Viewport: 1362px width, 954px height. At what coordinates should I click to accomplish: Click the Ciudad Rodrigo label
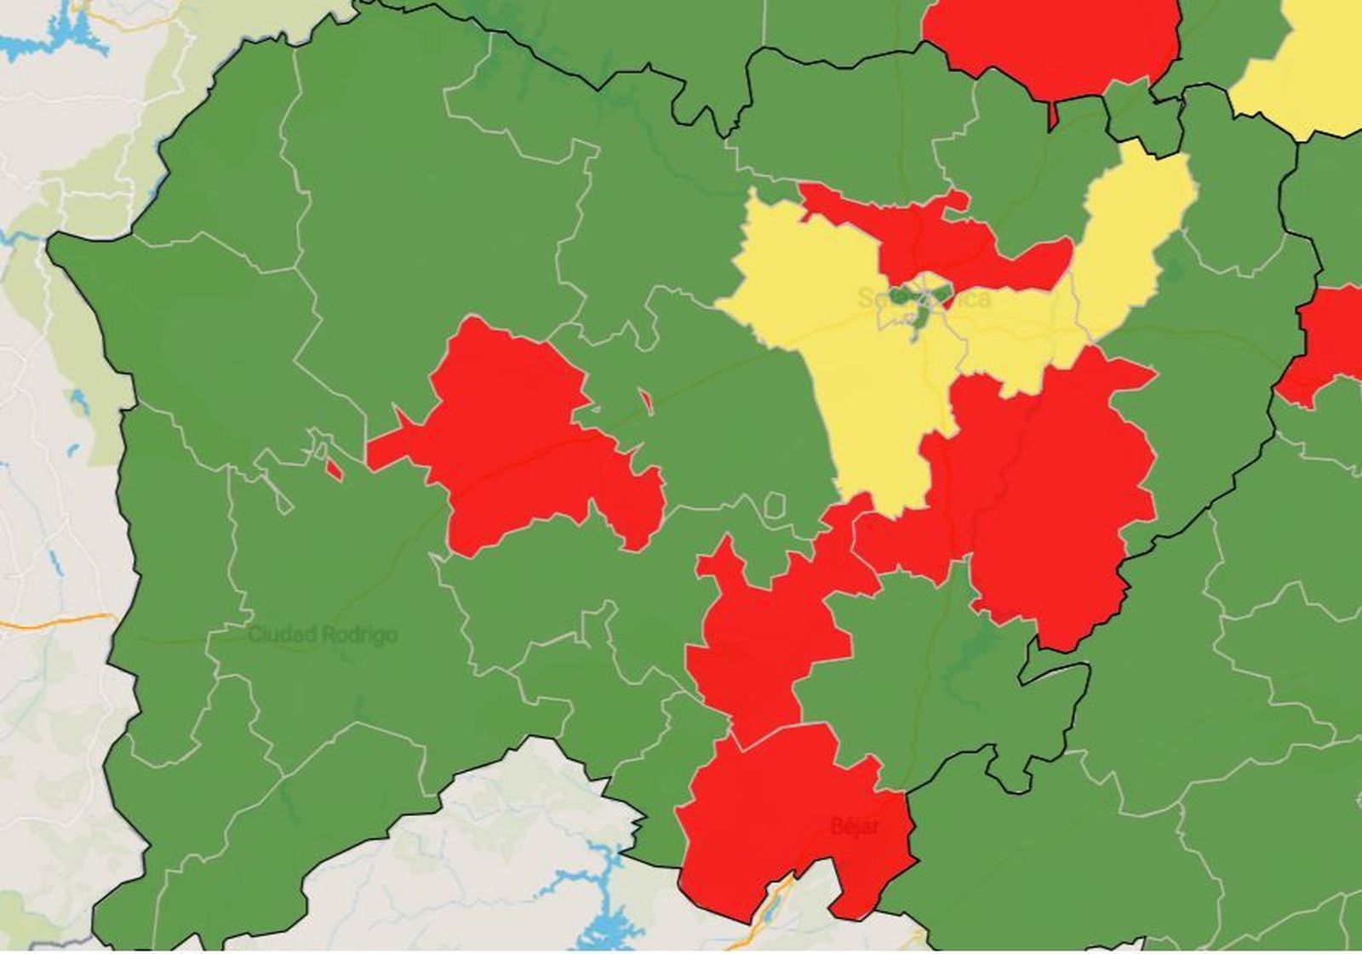pyautogui.click(x=323, y=635)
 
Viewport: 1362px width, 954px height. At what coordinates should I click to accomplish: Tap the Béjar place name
pyautogui.click(x=855, y=825)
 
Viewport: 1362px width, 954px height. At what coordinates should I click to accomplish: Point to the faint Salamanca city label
pyautogui.click(x=924, y=298)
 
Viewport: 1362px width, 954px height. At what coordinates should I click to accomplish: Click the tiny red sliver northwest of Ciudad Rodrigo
pyautogui.click(x=334, y=468)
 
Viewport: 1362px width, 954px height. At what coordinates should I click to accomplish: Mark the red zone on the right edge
pyautogui.click(x=1328, y=340)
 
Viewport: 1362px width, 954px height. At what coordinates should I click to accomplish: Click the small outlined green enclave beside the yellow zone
pyautogui.click(x=775, y=506)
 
